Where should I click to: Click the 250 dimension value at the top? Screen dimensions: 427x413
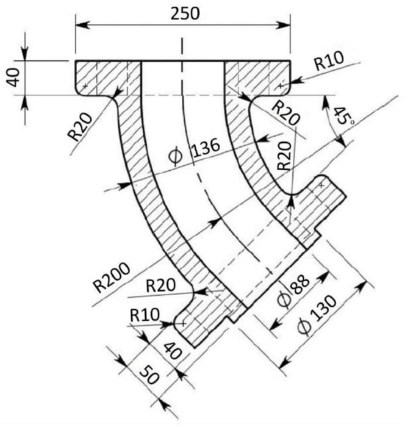[185, 13]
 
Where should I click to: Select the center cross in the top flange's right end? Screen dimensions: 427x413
[280, 85]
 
